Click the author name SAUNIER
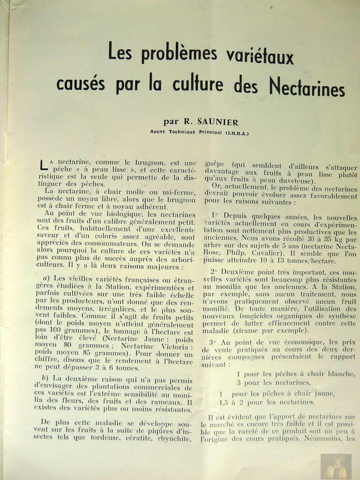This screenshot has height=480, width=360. [217, 122]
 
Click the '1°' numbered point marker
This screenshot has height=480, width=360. [215, 216]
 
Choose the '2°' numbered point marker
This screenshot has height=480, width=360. [213, 271]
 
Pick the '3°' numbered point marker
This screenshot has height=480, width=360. [212, 342]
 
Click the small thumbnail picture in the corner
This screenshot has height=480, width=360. [336, 466]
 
